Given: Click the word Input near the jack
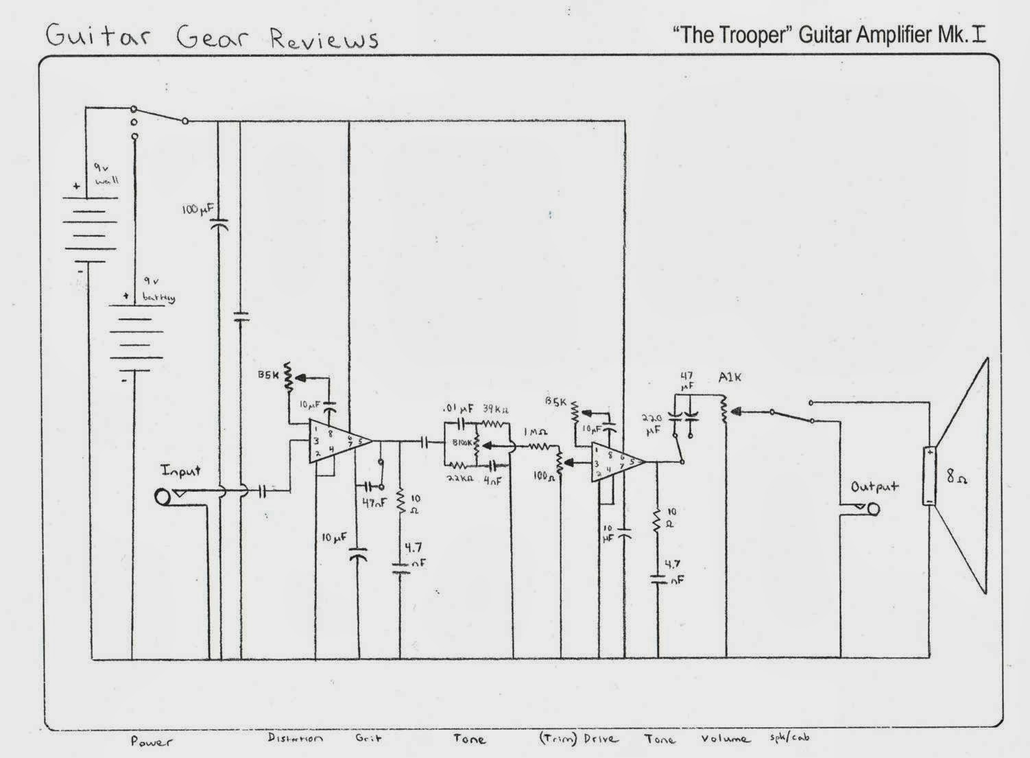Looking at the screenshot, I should pos(181,471).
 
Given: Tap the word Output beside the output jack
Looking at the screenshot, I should pos(874,487).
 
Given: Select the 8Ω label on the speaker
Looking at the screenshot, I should pos(957,476).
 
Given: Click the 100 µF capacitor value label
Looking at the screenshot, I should pos(199,209).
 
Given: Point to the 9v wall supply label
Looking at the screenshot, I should pos(106,174).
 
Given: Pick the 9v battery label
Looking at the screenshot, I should pos(158,290).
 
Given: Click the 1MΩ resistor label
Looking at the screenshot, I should pos(534,434).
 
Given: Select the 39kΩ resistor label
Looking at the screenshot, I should pos(495,409).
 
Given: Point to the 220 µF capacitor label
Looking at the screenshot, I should pos(651,423).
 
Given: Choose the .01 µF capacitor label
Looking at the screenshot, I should pos(457,410).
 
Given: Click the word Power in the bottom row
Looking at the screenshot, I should pos(152,741).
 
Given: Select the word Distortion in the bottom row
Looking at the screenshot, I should pos(295,739).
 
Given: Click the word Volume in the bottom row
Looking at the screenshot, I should pos(725,739).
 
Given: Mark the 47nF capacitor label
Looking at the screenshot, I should pos(375,502).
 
